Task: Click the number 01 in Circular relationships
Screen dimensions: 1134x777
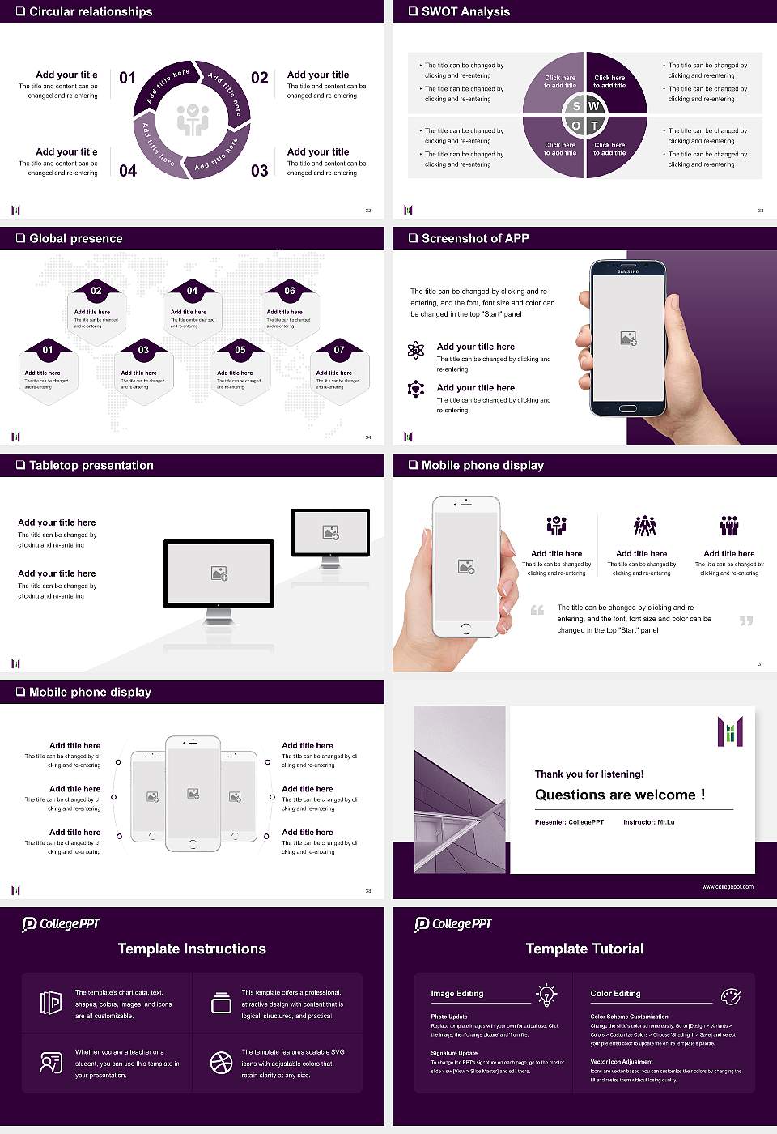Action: pyautogui.click(x=127, y=78)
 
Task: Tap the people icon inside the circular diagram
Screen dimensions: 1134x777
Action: pyautogui.click(x=193, y=120)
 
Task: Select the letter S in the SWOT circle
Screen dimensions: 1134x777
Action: pyautogui.click(x=576, y=106)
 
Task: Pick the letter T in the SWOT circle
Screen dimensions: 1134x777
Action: pyautogui.click(x=594, y=126)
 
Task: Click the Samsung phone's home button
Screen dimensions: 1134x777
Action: pyautogui.click(x=628, y=411)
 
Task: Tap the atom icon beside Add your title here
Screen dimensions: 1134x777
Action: pyautogui.click(x=416, y=350)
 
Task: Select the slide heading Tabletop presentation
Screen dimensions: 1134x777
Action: pyautogui.click(x=91, y=465)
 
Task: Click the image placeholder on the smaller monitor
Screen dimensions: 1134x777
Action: pyautogui.click(x=330, y=532)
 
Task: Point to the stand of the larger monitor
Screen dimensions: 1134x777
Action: pyautogui.click(x=219, y=616)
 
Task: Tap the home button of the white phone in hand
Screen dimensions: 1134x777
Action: pyautogui.click(x=465, y=629)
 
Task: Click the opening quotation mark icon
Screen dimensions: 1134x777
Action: pyautogui.click(x=537, y=610)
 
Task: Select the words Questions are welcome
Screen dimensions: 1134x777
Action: pyautogui.click(x=619, y=795)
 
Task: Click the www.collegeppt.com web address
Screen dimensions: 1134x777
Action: pyautogui.click(x=727, y=886)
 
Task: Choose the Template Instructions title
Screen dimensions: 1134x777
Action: pyautogui.click(x=192, y=949)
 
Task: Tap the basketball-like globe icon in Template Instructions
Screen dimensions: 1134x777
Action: pyautogui.click(x=221, y=1062)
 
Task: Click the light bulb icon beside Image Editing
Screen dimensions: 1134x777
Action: pyautogui.click(x=546, y=995)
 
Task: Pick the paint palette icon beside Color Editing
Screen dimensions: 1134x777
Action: pyautogui.click(x=730, y=995)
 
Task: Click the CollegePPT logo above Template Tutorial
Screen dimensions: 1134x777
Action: pyautogui.click(x=453, y=924)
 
